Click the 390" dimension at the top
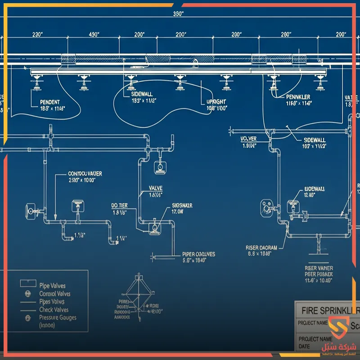click(x=179, y=13)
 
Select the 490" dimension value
click(x=94, y=34)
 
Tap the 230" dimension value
click(x=37, y=34)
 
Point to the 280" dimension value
click(x=286, y=34)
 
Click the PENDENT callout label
click(x=50, y=102)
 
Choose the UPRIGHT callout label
click(x=216, y=102)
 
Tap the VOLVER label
click(x=248, y=139)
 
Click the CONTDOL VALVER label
click(x=85, y=173)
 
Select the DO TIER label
click(x=119, y=205)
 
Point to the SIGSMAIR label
click(x=182, y=205)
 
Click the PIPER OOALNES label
click(x=198, y=254)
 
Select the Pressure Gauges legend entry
click(x=58, y=317)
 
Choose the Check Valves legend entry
click(x=54, y=310)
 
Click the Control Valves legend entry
click(x=55, y=294)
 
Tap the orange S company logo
click(x=335, y=328)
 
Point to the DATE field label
click(x=305, y=346)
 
